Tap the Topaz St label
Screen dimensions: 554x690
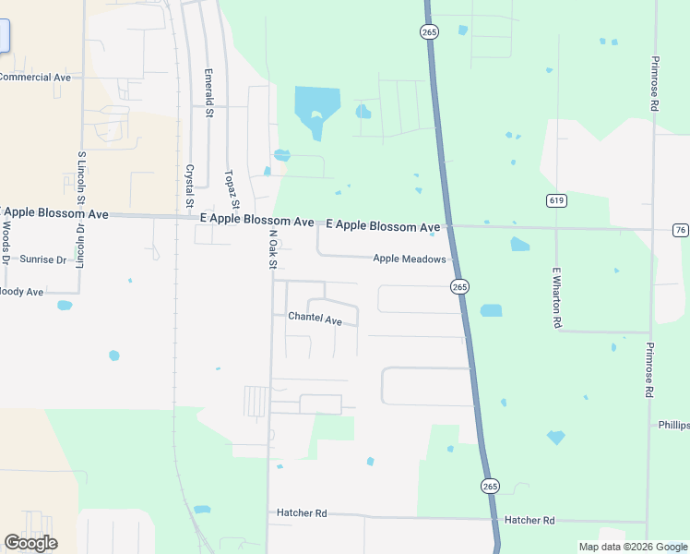(x=232, y=189)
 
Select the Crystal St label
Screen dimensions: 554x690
(x=189, y=185)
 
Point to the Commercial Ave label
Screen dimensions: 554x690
(x=35, y=78)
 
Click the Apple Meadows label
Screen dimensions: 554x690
(x=410, y=259)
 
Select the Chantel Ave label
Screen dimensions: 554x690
(x=315, y=319)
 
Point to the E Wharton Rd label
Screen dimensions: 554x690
(x=557, y=297)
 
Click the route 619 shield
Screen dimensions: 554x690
(x=555, y=200)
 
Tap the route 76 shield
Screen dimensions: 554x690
(x=680, y=230)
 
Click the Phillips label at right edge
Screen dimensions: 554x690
(x=673, y=426)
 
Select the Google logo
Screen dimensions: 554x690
(x=30, y=543)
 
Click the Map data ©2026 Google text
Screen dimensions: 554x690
(x=632, y=547)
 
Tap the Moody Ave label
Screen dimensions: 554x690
(x=21, y=292)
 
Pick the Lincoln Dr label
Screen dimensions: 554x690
(x=80, y=245)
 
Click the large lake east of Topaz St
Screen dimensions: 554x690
(x=316, y=109)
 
